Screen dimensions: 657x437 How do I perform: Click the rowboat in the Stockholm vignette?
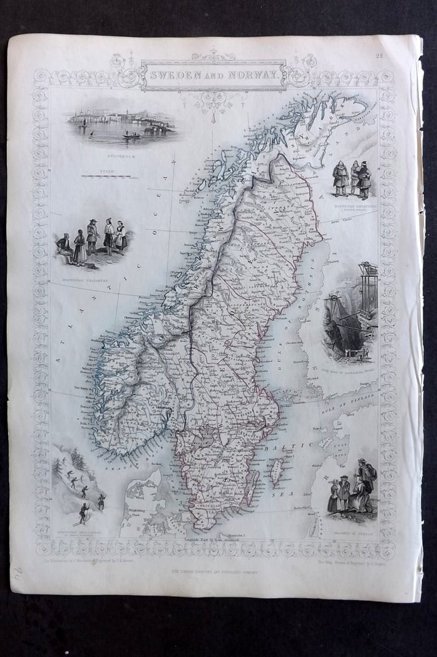[x=131, y=134]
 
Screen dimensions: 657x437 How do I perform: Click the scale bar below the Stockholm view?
[x=106, y=177]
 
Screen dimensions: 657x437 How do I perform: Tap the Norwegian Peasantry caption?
[x=92, y=273]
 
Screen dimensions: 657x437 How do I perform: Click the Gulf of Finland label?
[x=354, y=400]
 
